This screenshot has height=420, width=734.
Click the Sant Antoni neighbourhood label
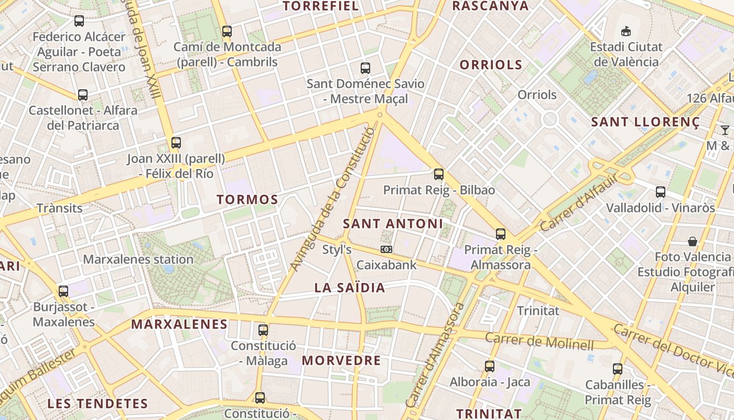click(393, 224)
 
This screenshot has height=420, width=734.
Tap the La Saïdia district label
click(350, 288)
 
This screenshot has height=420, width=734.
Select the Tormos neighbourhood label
click(247, 199)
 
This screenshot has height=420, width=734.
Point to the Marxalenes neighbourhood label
click(179, 324)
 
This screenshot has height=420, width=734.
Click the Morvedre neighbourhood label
click(341, 361)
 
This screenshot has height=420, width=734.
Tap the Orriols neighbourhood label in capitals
click(491, 65)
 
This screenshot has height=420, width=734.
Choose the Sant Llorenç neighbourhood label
click(645, 122)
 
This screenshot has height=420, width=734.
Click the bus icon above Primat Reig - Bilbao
click(439, 174)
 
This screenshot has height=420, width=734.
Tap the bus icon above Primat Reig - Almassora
click(501, 234)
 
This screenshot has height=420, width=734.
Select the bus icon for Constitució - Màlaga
click(263, 330)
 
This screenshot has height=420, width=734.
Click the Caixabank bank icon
click(386, 249)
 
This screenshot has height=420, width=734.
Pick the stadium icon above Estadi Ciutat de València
click(625, 31)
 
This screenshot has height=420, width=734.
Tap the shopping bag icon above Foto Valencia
click(693, 241)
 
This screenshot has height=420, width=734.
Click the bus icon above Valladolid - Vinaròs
click(661, 192)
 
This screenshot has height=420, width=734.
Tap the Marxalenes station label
click(138, 259)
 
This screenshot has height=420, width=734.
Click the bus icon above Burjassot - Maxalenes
click(63, 291)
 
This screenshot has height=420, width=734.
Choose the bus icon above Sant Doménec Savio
click(365, 68)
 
